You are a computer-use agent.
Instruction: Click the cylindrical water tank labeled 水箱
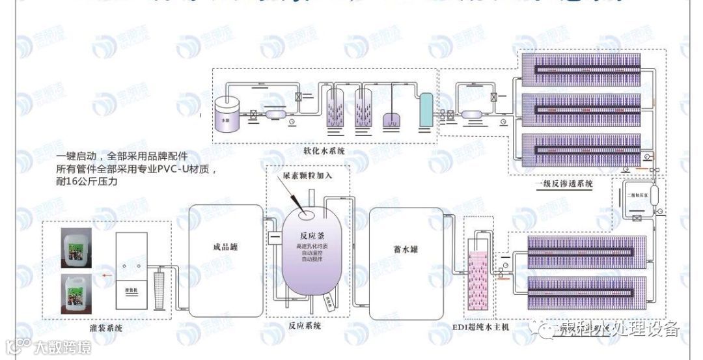(227, 114)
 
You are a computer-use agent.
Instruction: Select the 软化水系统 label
(324, 151)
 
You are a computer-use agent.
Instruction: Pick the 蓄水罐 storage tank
(406, 259)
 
